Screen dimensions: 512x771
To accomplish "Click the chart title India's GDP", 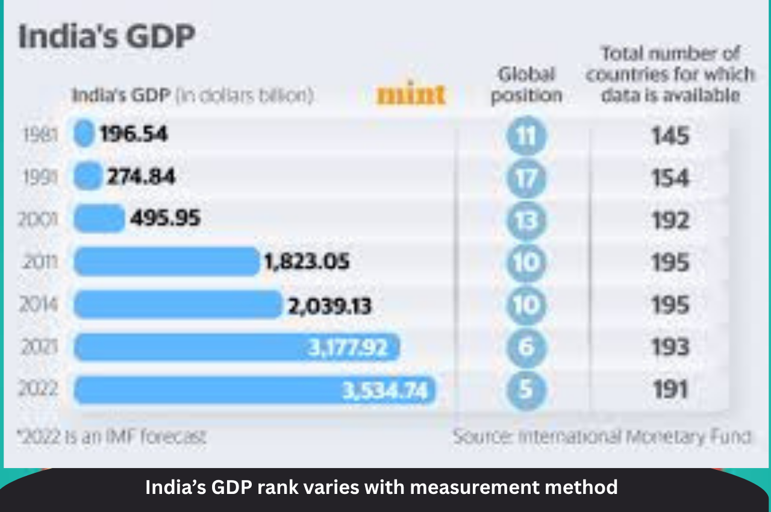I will [x=107, y=37].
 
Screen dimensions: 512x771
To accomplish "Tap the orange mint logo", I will [x=411, y=95].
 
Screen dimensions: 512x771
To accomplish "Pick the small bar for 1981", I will [x=84, y=134].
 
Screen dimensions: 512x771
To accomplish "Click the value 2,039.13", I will [x=329, y=305].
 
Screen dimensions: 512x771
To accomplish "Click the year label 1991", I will [x=40, y=177].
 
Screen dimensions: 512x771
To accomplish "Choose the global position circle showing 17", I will [x=526, y=178].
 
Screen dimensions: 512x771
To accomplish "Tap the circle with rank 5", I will [x=526, y=390].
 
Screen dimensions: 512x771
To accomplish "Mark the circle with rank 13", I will [x=526, y=220].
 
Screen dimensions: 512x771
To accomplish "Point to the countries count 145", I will [x=670, y=136].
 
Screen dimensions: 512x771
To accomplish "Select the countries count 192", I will [x=670, y=221].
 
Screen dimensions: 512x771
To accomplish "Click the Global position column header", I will [x=526, y=85].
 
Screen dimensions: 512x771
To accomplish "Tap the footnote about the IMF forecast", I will [x=111, y=437].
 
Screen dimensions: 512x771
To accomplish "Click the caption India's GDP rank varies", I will [x=381, y=487].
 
